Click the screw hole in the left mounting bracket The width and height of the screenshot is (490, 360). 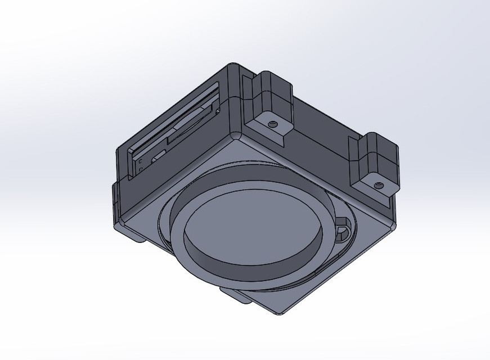point(273,123)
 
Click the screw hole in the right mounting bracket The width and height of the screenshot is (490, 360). point(379,184)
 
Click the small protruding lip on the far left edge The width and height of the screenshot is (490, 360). point(115,197)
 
